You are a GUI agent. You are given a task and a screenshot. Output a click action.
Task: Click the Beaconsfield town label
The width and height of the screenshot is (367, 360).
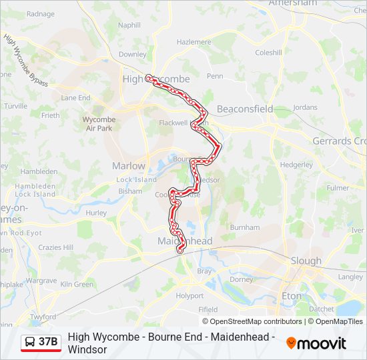pyautogui.click(x=245, y=109)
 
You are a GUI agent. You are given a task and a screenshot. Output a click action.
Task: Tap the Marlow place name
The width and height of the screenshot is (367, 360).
pyautogui.click(x=128, y=166)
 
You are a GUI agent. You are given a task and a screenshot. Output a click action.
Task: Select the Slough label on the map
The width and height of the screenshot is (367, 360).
pyautogui.click(x=306, y=261)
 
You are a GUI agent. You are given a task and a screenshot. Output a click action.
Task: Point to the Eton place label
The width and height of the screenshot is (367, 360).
pyautogui.click(x=292, y=296)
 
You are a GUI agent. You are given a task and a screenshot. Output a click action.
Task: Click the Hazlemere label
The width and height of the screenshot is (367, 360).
pyautogui.click(x=194, y=41)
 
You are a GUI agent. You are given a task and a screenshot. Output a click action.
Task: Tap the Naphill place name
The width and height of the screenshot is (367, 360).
pyautogui.click(x=129, y=25)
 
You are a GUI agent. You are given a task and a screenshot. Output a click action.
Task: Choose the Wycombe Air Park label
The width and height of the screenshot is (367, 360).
pyautogui.click(x=98, y=124)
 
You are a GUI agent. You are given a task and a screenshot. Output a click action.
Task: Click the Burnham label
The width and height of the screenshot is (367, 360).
pyautogui.click(x=244, y=227)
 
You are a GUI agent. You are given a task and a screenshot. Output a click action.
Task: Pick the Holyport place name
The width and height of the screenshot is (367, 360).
pyautogui.click(x=190, y=295)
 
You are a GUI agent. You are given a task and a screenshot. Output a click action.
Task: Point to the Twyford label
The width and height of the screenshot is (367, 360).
pyautogui.click(x=43, y=317)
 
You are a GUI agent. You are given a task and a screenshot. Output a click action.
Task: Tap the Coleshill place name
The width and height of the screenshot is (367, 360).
pyautogui.click(x=268, y=53)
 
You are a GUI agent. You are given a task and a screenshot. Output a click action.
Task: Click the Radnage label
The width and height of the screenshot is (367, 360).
pyautogui.click(x=41, y=13)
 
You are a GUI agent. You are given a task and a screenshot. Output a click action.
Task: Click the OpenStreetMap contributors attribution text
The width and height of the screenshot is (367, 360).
pyautogui.click(x=252, y=321)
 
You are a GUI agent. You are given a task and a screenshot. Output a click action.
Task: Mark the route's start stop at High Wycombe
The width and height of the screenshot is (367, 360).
pyautogui.click(x=149, y=77)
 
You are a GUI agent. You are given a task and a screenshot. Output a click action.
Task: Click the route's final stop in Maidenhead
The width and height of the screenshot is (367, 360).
pyautogui.click(x=180, y=251)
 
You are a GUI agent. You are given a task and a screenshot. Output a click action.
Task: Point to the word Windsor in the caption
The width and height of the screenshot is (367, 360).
pyautogui.click(x=87, y=349)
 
